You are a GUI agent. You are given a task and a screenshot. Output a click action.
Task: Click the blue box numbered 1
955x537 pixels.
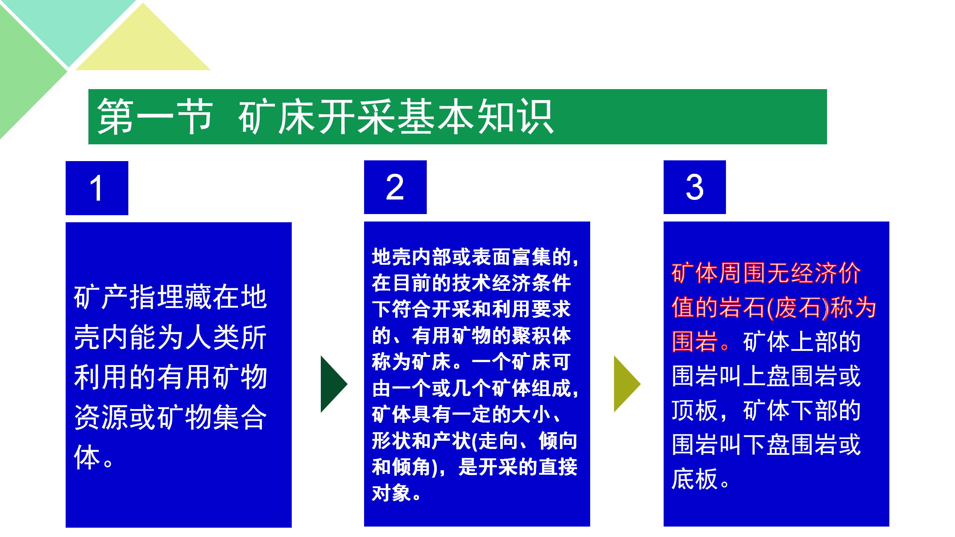97,188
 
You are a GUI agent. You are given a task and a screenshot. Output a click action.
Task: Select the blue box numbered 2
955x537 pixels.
395,187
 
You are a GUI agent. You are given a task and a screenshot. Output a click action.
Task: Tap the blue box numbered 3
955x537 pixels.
695,187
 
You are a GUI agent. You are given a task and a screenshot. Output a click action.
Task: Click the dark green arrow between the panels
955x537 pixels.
334,384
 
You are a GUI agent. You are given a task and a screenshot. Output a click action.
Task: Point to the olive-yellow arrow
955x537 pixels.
627,384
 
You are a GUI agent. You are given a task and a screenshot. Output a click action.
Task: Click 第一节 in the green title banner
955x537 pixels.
155,117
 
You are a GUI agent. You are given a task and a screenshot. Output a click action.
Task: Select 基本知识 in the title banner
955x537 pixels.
475,117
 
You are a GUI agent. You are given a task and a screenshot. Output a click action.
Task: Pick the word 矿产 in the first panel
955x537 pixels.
101,297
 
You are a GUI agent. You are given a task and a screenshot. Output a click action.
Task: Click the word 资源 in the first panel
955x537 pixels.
101,417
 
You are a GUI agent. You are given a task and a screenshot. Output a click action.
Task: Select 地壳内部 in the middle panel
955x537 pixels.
412,257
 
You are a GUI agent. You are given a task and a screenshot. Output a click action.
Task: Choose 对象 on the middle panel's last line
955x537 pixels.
392,493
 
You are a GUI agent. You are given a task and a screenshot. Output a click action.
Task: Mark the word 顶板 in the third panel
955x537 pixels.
695,411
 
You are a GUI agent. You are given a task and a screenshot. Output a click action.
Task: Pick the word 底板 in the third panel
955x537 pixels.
695,479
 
